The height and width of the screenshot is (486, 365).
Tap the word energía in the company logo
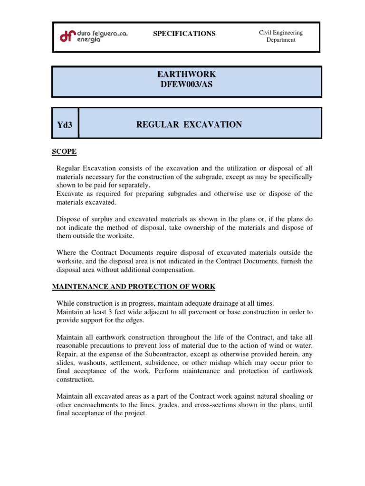(x=89, y=40)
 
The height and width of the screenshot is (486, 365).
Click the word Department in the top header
(x=280, y=40)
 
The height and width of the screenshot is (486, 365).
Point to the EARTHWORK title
(x=186, y=74)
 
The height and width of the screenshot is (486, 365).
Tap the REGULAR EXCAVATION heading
(x=189, y=125)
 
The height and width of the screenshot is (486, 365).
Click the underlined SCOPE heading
(x=64, y=152)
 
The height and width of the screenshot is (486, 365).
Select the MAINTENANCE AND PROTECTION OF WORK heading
(x=134, y=286)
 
